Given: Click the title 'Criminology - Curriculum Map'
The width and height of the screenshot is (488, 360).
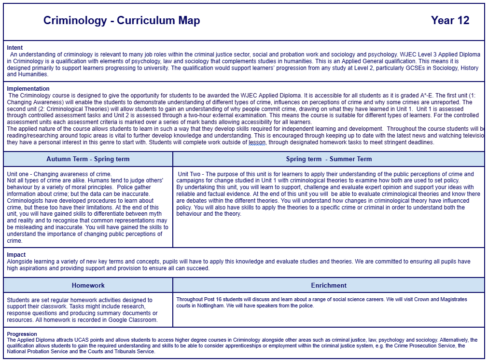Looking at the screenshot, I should pyautogui.click(x=122, y=20).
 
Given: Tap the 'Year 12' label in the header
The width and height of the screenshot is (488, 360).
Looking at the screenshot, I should pyautogui.click(x=450, y=20).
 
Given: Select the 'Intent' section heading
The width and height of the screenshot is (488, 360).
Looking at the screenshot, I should pyautogui.click(x=15, y=48).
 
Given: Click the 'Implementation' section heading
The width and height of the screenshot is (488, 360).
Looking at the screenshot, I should pyautogui.click(x=28, y=89).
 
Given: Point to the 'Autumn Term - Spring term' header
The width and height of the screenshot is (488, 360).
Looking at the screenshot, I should pyautogui.click(x=88, y=159).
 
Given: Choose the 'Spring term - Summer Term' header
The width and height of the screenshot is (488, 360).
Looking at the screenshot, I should pyautogui.click(x=329, y=159).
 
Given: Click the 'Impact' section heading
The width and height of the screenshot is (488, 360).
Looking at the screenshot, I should pyautogui.click(x=16, y=255).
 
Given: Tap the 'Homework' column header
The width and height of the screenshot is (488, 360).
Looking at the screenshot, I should pyautogui.click(x=88, y=285).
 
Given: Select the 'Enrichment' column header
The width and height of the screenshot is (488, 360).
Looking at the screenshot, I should pyautogui.click(x=329, y=285).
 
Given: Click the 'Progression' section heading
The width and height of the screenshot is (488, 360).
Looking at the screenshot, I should pyautogui.click(x=22, y=334).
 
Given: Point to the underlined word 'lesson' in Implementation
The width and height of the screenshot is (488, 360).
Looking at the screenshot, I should pyautogui.click(x=257, y=143).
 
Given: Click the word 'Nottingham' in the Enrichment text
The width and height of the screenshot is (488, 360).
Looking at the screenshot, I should pyautogui.click(x=208, y=306).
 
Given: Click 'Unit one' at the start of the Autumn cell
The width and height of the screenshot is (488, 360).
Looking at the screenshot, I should pyautogui.click(x=18, y=174).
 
